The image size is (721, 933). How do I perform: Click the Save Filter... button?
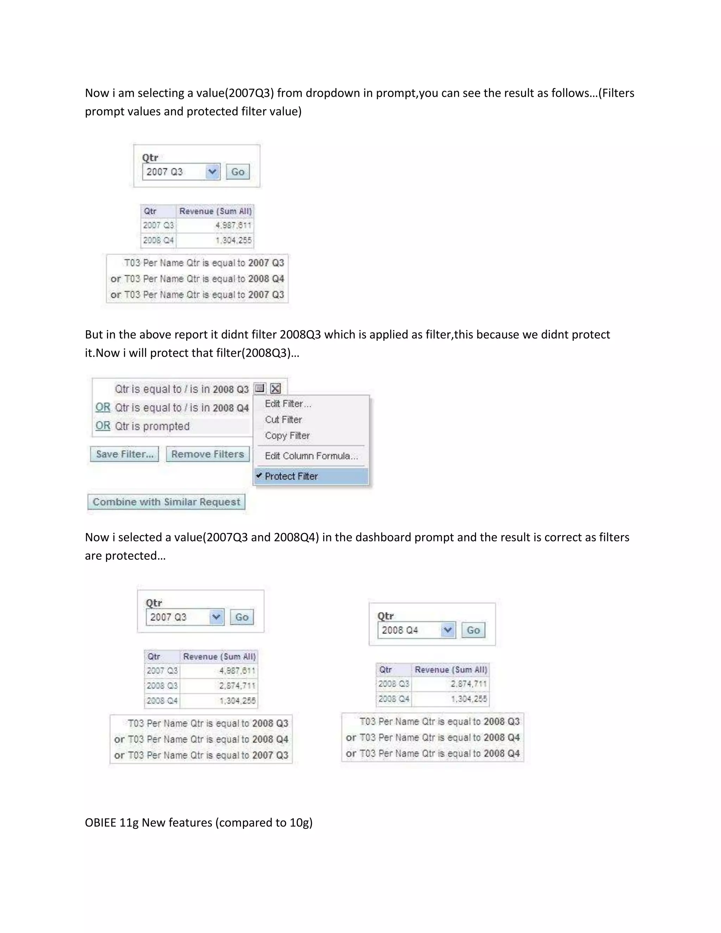click(124, 454)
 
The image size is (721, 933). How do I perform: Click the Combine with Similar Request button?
click(166, 502)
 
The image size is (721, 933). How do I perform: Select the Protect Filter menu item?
click(291, 476)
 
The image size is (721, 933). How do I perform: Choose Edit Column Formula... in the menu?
click(311, 456)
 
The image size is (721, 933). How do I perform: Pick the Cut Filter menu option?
click(283, 420)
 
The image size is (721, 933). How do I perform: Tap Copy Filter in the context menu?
click(287, 436)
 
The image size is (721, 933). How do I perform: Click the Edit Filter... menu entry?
click(288, 404)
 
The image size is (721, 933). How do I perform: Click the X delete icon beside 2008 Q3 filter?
click(276, 389)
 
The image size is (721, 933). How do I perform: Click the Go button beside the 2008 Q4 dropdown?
click(473, 630)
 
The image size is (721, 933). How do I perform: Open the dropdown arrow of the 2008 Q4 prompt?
click(448, 630)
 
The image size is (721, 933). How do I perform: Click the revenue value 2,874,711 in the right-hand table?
click(469, 684)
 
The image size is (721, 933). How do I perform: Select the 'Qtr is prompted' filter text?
click(152, 426)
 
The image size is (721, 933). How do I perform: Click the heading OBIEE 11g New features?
click(199, 822)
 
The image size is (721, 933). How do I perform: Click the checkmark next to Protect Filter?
click(259, 475)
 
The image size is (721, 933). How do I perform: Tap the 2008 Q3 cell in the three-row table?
click(162, 685)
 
